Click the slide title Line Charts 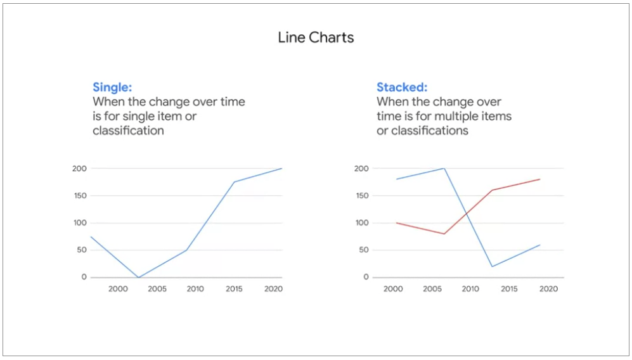click(316, 37)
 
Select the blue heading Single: click(112, 87)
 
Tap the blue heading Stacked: click(402, 87)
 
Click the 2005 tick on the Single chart click(157, 288)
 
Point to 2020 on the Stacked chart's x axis click(548, 288)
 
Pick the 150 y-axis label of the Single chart click(80, 195)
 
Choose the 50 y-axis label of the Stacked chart click(364, 250)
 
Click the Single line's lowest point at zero click(138, 278)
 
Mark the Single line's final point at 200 click(281, 169)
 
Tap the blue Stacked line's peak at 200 click(444, 168)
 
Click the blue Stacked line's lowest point click(492, 266)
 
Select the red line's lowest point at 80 click(444, 234)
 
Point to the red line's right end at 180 click(539, 179)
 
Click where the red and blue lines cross click(467, 213)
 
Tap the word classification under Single click(128, 131)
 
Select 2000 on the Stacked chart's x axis click(393, 288)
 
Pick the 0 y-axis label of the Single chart click(84, 277)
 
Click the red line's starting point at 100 click(397, 223)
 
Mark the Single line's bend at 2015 click(234, 182)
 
